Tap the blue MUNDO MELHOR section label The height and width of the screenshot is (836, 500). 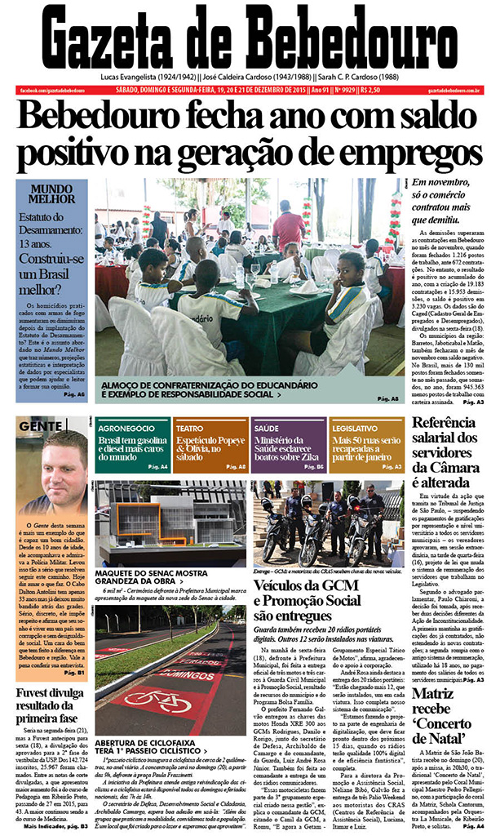click(x=52, y=193)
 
